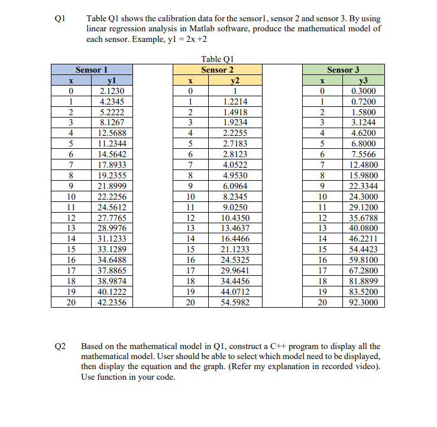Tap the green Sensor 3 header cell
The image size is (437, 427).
pyautogui.click(x=344, y=70)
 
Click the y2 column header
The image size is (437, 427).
pyautogui.click(x=235, y=80)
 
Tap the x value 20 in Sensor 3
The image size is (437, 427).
pyautogui.click(x=321, y=302)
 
